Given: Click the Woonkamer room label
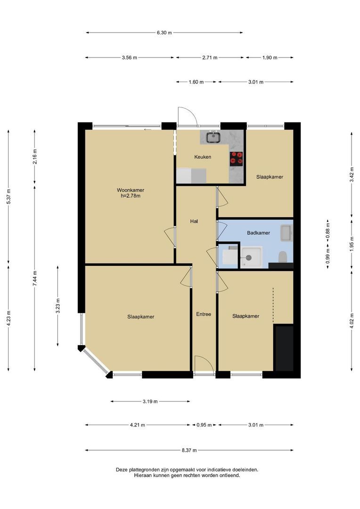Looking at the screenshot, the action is coord(131,190).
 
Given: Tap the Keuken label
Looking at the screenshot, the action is coord(203,157).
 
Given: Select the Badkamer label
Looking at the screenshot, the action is coord(258,233).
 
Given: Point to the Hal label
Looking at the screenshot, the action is coord(194,221).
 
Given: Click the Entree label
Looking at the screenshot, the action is coord(204,314).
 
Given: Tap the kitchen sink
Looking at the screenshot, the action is coord(213,137).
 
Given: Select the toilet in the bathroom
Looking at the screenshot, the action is coord(283,256).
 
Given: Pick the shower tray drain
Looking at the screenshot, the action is coord(249,258).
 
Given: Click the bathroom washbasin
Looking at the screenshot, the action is coord(286,233).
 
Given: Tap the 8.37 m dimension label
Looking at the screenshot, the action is coord(189,450).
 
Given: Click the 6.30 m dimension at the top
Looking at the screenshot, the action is coord(164,33).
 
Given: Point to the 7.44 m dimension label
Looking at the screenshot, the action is coord(35,278).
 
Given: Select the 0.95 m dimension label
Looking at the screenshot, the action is coord(204,425).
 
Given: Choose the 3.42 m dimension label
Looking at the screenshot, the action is coord(352,175).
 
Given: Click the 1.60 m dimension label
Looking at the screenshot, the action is coord(196,82).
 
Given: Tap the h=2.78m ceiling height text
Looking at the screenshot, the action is coord(131,196).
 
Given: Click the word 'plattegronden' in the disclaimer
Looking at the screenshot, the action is coord(141,470).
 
